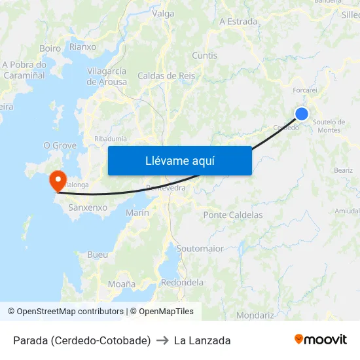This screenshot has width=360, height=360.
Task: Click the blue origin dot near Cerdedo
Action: [302, 114]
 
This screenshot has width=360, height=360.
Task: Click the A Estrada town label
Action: [238, 22]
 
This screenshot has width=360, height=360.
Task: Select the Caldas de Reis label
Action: [166, 76]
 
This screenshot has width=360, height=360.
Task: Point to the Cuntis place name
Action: [205, 56]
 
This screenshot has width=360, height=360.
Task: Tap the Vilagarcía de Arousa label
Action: [106, 76]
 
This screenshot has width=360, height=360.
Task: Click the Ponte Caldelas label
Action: [233, 215]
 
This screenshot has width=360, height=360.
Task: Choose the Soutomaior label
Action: [200, 249]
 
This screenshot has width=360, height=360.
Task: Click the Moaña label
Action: [122, 284]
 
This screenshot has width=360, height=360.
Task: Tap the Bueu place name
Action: [98, 254]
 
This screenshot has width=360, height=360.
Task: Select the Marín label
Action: [137, 213]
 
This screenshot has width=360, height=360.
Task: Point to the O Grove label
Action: [60, 145]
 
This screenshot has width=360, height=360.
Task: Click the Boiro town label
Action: [50, 48]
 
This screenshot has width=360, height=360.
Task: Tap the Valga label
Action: [162, 13]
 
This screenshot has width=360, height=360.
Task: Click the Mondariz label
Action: [255, 315]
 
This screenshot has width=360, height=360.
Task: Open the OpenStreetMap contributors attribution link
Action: [70, 312]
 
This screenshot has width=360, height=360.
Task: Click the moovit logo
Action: [321, 340]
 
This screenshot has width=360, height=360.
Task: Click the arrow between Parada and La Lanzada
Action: [162, 340]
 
